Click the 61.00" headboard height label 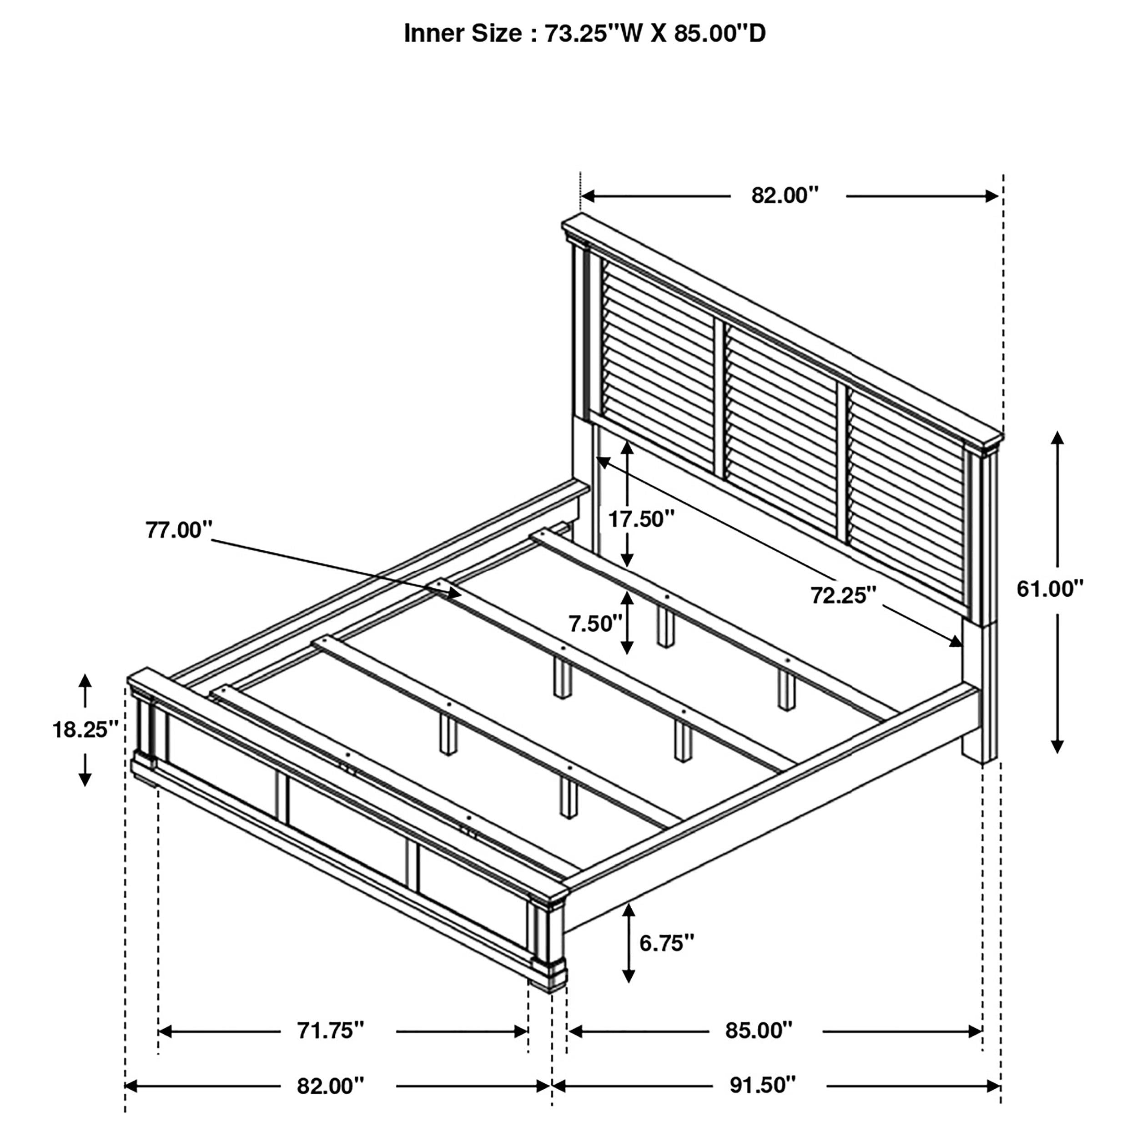[x=1050, y=589]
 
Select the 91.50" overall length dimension [x=763, y=1085]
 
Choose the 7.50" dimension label [x=595, y=623]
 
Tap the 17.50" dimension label [x=641, y=519]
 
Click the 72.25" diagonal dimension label [x=843, y=596]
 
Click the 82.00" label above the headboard [x=785, y=196]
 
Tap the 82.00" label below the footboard [x=331, y=1085]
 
